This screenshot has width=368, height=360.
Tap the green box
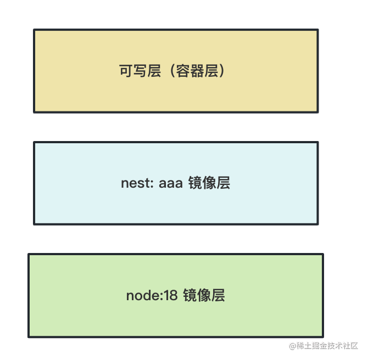pyautogui.click(x=176, y=318)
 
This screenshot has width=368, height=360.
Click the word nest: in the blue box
pyautogui.click(x=137, y=183)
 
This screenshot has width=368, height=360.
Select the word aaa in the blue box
pyautogui.click(x=170, y=183)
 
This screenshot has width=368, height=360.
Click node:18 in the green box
pyautogui.click(x=152, y=296)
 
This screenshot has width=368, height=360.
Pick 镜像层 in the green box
pyautogui.click(x=204, y=296)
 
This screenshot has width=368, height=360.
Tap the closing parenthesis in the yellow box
pyautogui.click(x=222, y=71)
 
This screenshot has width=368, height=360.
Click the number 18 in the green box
pyautogui.click(x=171, y=296)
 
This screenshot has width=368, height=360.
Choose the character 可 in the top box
pyautogui.click(x=126, y=71)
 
